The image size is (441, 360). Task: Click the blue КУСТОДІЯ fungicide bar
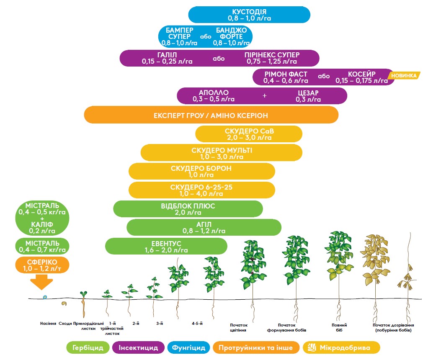click(x=249, y=15)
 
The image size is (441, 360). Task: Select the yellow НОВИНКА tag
click(x=405, y=75)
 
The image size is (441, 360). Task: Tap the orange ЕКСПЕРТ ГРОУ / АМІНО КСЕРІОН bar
click(x=211, y=115)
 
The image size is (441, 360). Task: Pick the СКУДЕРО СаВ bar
click(x=249, y=134)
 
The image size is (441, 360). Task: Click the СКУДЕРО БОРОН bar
click(x=201, y=171)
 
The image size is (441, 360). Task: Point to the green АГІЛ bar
click(x=204, y=227)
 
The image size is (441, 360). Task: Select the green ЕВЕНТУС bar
click(x=166, y=246)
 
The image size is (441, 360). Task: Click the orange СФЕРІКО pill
click(x=42, y=265)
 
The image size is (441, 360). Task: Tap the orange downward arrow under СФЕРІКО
click(x=41, y=282)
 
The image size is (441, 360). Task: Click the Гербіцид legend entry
click(x=88, y=347)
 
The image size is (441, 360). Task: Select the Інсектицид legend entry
click(x=138, y=347)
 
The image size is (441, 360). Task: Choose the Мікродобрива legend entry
click(x=338, y=347)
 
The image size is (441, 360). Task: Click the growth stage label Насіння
click(x=48, y=324)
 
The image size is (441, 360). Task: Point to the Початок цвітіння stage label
click(x=239, y=327)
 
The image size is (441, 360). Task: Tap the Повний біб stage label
click(x=339, y=327)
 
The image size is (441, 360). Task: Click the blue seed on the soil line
click(x=45, y=297)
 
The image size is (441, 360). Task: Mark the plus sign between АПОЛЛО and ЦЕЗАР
click(x=264, y=96)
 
